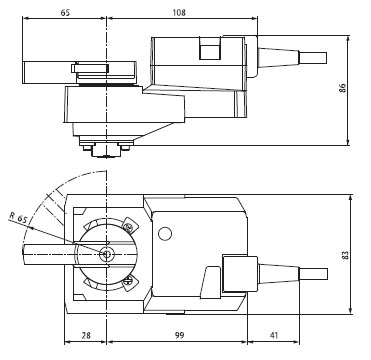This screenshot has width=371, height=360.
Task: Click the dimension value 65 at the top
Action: [x=65, y=13]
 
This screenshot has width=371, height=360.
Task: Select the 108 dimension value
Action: [x=179, y=13]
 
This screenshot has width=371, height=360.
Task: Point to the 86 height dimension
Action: [x=342, y=88]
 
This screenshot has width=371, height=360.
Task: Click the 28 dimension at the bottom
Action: [x=86, y=335]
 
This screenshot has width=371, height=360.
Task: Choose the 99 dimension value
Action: [x=179, y=335]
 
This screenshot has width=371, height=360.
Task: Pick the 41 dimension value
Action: [x=274, y=335]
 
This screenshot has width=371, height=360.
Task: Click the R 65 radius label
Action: [x=18, y=217]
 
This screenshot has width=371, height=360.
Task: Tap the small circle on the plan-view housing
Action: [x=165, y=234]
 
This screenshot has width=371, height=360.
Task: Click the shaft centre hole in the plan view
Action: [x=106, y=255]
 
